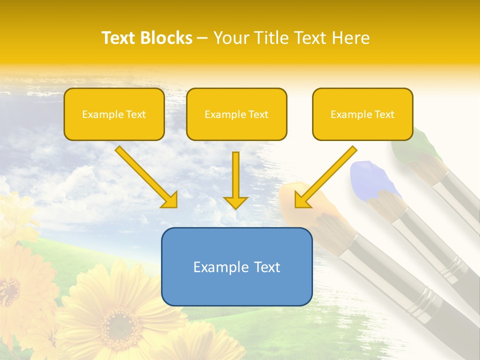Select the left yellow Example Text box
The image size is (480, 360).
click(114, 114)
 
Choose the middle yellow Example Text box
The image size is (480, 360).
click(236, 114)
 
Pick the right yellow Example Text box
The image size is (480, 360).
click(362, 114)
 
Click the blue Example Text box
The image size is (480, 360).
click(236, 266)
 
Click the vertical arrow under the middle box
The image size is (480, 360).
click(235, 180)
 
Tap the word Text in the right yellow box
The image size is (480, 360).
click(384, 114)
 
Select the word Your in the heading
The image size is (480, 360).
click(230, 38)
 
